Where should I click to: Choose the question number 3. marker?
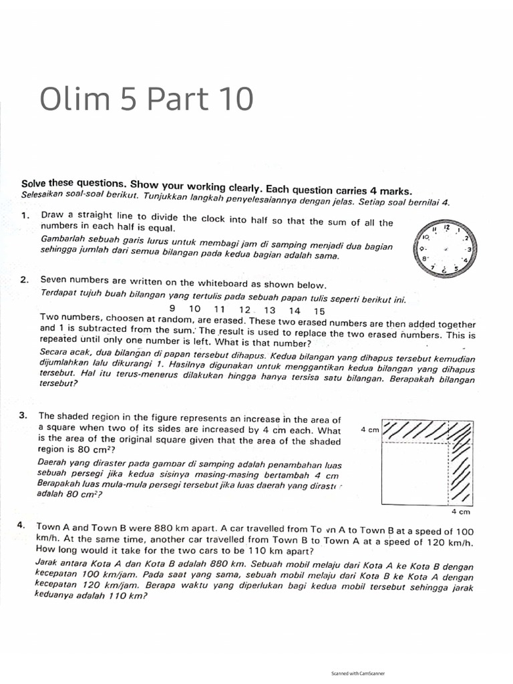click(25, 415)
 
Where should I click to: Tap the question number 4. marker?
click(24, 526)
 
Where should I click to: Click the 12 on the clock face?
click(447, 228)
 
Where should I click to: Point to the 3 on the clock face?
click(469, 248)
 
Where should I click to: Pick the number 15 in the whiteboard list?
click(319, 311)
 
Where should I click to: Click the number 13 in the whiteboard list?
click(270, 311)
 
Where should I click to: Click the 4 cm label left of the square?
click(369, 430)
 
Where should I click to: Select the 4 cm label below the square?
click(461, 512)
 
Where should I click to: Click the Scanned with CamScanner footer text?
click(358, 673)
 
